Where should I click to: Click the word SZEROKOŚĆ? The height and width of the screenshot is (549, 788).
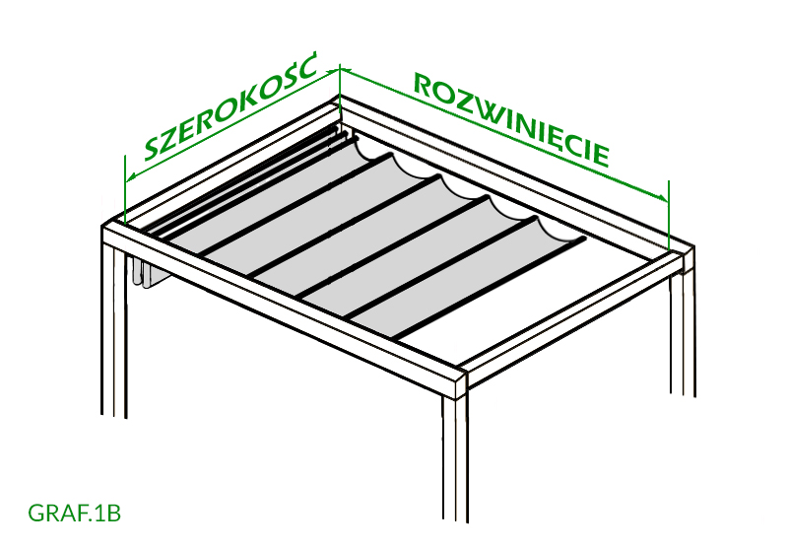(x=231, y=106)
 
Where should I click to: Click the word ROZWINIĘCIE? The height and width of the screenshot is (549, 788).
(x=511, y=119)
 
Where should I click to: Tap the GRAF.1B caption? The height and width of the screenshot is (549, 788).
(x=75, y=514)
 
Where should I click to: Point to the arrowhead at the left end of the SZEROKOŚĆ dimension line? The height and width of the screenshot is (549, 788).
(x=131, y=176)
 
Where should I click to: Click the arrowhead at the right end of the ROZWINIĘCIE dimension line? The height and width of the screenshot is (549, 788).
(x=663, y=197)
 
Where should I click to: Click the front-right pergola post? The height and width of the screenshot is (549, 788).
(x=456, y=457)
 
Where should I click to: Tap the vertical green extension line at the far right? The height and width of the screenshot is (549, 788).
(x=669, y=215)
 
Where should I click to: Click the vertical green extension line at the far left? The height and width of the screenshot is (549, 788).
(x=125, y=189)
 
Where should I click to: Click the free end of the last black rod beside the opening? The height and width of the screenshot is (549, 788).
(x=584, y=239)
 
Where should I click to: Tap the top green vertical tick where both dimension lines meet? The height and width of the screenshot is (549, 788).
(x=340, y=93)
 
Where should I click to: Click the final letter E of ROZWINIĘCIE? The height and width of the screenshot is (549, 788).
(x=601, y=156)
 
